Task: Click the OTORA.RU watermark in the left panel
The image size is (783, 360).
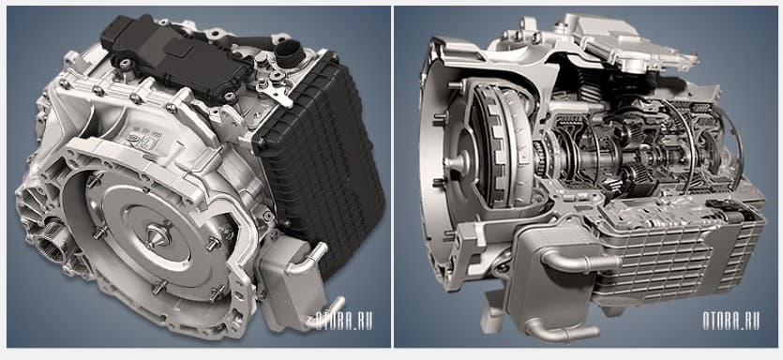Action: [344, 321]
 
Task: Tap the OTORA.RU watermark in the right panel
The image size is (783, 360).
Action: [731, 321]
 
